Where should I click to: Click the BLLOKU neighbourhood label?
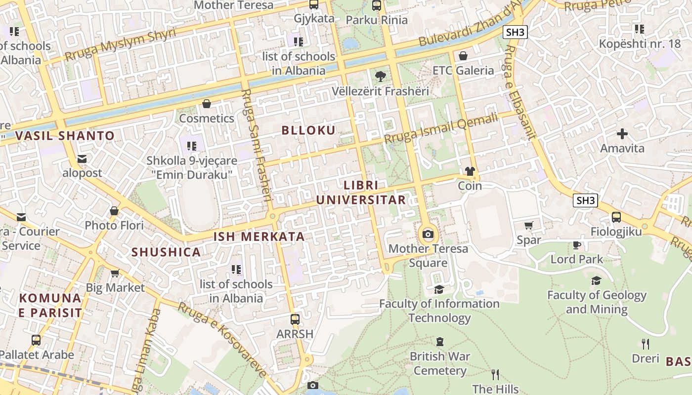tap(308, 130)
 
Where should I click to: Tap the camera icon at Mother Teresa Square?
tap(428, 234)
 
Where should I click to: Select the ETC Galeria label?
tap(463, 71)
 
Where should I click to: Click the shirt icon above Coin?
tap(470, 171)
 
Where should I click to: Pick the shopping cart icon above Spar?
tap(528, 226)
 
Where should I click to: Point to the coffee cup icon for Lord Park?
tap(577, 245)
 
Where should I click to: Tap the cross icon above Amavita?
tap(622, 133)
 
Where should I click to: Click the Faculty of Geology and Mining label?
tap(597, 302)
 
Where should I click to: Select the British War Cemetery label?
tap(440, 363)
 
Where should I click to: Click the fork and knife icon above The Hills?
tap(495, 374)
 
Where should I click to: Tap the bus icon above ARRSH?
tap(295, 319)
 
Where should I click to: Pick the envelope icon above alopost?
tap(82, 158)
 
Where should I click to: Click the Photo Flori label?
tap(114, 226)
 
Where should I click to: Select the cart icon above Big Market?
tap(115, 273)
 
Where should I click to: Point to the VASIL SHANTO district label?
tap(65, 136)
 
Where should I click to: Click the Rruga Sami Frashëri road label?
tap(258, 145)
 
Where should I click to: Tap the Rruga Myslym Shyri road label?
tap(120, 45)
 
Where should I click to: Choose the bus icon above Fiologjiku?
tap(616, 217)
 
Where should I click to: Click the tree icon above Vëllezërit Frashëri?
tap(380, 77)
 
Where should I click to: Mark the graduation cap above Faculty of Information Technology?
tap(439, 289)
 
